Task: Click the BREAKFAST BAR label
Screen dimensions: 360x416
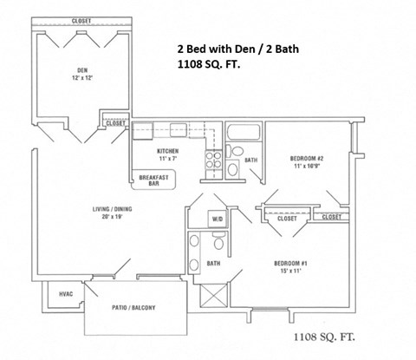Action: pyautogui.click(x=156, y=180)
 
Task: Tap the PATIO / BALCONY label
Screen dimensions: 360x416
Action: pyautogui.click(x=137, y=307)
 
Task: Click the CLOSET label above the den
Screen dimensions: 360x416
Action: pyautogui.click(x=81, y=19)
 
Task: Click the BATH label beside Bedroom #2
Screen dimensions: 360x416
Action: pyautogui.click(x=250, y=160)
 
